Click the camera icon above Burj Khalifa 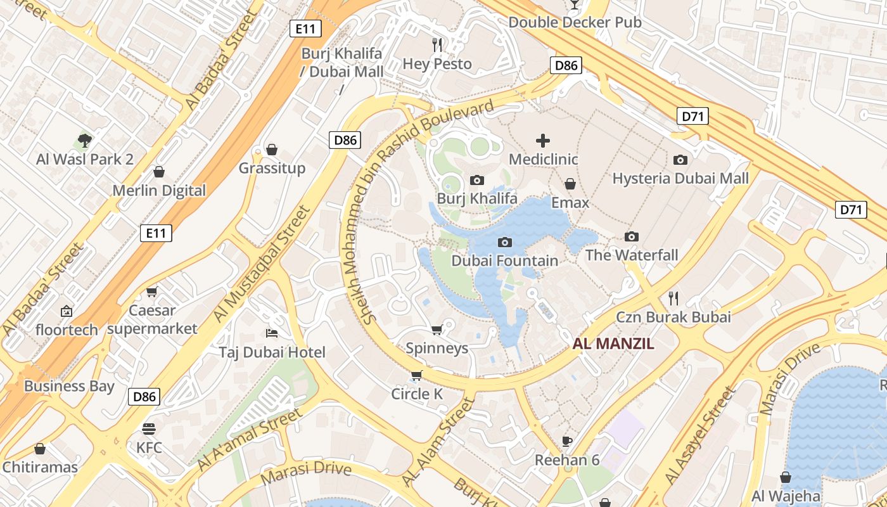pyautogui.click(x=477, y=181)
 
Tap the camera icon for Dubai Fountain pyautogui.click(x=505, y=242)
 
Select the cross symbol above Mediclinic pyautogui.click(x=543, y=141)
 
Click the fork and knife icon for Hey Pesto pyautogui.click(x=437, y=44)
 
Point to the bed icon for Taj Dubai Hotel pyautogui.click(x=272, y=333)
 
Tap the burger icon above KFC pyautogui.click(x=149, y=429)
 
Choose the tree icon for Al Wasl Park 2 pyautogui.click(x=85, y=140)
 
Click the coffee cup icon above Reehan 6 pyautogui.click(x=567, y=441)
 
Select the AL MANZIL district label pyautogui.click(x=613, y=344)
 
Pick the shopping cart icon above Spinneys pyautogui.click(x=437, y=330)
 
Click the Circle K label pyautogui.click(x=417, y=394)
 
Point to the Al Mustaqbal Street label pyautogui.click(x=260, y=263)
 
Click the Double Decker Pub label pyautogui.click(x=575, y=22)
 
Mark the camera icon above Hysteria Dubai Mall pyautogui.click(x=680, y=160)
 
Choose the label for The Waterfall pyautogui.click(x=632, y=255)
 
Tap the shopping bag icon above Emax pyautogui.click(x=570, y=184)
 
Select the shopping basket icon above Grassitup pyautogui.click(x=272, y=150)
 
